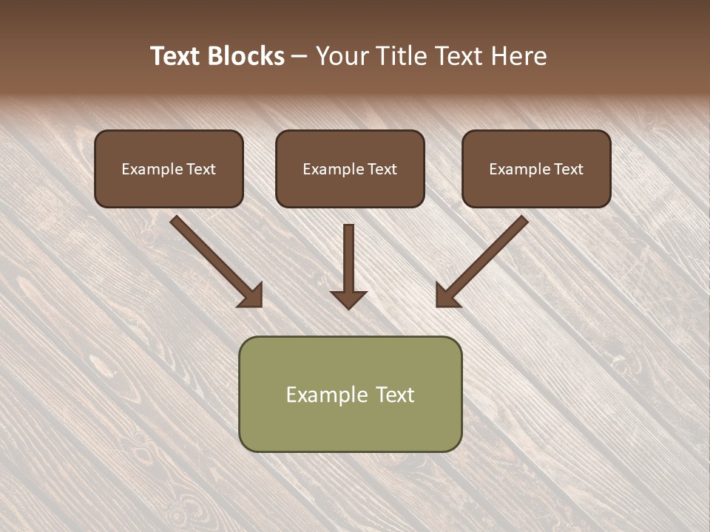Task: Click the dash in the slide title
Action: tap(299, 57)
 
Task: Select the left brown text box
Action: tap(169, 169)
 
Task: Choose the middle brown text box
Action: tap(350, 169)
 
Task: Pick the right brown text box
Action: tap(536, 169)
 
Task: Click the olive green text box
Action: tap(350, 394)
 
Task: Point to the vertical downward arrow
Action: tap(348, 266)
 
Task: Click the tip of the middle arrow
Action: tap(348, 307)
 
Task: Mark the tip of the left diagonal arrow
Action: tap(261, 305)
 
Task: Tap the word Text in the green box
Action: tap(394, 395)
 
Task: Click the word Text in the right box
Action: tap(568, 169)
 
